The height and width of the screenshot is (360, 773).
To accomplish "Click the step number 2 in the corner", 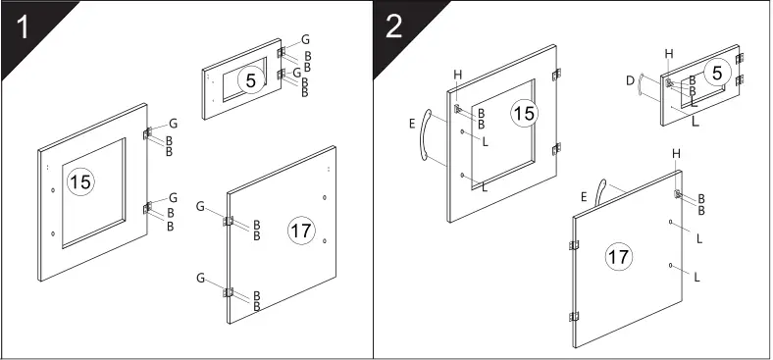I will coord(394,26).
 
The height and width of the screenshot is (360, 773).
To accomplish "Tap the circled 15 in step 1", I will coord(80,181).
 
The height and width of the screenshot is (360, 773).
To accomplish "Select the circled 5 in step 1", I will coord(250,81).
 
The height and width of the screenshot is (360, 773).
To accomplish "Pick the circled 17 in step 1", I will coord(300,231).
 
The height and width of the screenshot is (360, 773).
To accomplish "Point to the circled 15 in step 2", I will coord(525,115).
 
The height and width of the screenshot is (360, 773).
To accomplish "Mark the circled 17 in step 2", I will coord(618,257).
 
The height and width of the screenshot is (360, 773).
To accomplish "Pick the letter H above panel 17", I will coord(676,154).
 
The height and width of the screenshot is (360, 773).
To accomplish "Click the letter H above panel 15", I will coord(457,75).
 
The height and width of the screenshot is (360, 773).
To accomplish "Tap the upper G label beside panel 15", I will coord(173,124).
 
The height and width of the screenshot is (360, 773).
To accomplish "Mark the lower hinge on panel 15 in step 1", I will coord(148,206).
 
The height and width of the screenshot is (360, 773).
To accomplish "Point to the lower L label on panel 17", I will coord(697,278).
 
